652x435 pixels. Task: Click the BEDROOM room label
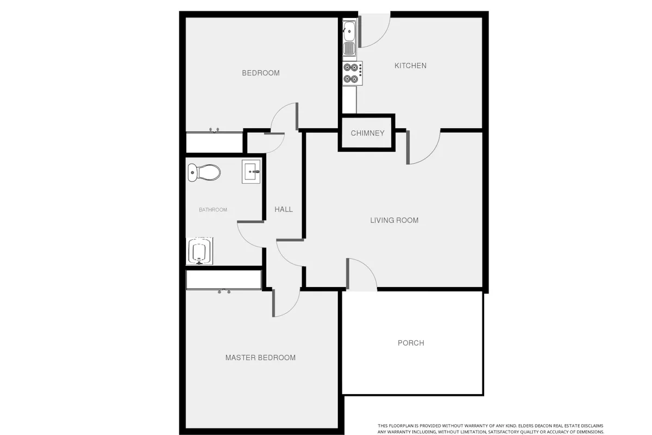261,73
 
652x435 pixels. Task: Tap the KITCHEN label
410,66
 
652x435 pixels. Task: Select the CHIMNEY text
368,133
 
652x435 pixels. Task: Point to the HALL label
284,209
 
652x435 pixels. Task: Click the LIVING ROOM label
394,220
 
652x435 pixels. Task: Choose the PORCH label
411,343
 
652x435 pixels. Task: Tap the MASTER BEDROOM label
260,357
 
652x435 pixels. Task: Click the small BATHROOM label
213,210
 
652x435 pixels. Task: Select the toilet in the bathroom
204,172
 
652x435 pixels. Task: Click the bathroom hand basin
251,172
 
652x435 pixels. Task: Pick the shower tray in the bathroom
199,251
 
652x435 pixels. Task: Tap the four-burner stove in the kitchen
353,73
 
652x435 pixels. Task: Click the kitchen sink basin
349,31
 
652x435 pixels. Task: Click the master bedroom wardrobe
224,280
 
